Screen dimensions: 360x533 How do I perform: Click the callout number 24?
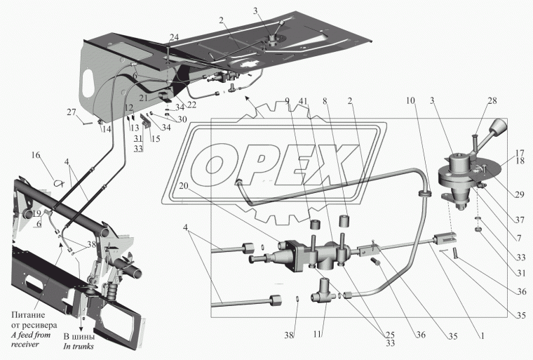[174, 37]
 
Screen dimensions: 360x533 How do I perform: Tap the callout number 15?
[156, 138]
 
